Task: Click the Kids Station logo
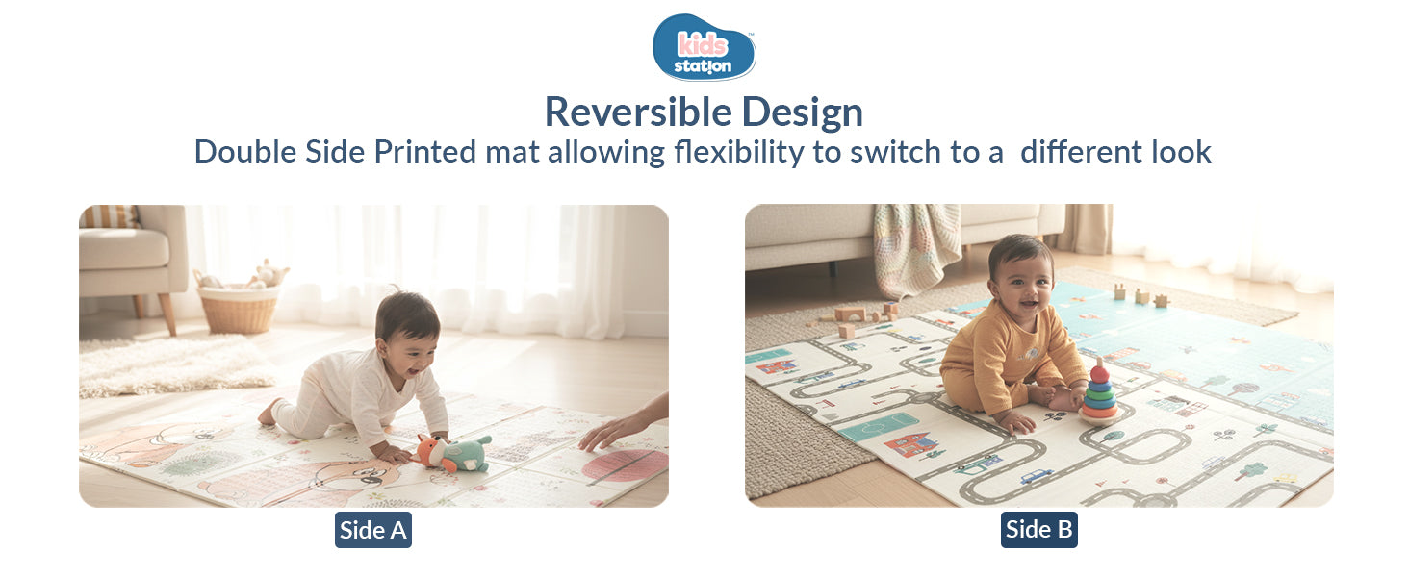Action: (704, 46)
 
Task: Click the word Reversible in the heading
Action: (621, 112)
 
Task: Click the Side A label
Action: (373, 530)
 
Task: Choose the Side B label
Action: (1038, 529)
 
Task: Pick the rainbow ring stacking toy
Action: (1099, 394)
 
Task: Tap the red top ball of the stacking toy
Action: (1099, 370)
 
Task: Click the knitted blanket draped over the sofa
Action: (915, 250)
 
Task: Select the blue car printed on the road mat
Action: (1036, 475)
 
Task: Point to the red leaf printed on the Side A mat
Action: (625, 465)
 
